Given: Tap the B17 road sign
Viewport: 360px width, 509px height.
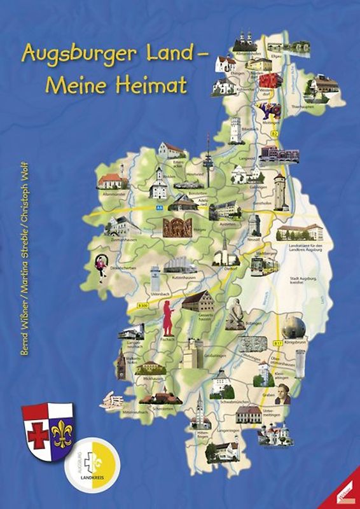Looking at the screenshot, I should pos(278,344).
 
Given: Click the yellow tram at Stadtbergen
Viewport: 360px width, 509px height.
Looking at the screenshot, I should pos(261,267).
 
